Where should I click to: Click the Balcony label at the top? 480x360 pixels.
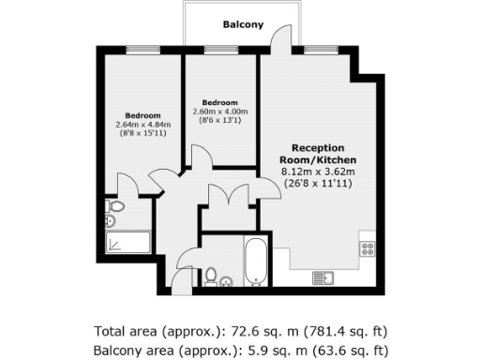(x=242, y=25)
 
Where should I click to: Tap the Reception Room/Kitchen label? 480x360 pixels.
(x=318, y=155)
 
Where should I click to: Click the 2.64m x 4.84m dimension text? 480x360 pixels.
(x=138, y=124)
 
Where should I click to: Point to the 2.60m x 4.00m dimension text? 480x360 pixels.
(x=218, y=112)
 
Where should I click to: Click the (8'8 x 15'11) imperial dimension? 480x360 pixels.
(x=138, y=134)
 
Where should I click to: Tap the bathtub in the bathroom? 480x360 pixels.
(x=257, y=262)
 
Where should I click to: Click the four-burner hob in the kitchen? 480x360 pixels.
(x=367, y=248)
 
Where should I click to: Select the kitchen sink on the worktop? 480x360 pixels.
(x=324, y=277)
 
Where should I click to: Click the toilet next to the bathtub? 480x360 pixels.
(x=212, y=277)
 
